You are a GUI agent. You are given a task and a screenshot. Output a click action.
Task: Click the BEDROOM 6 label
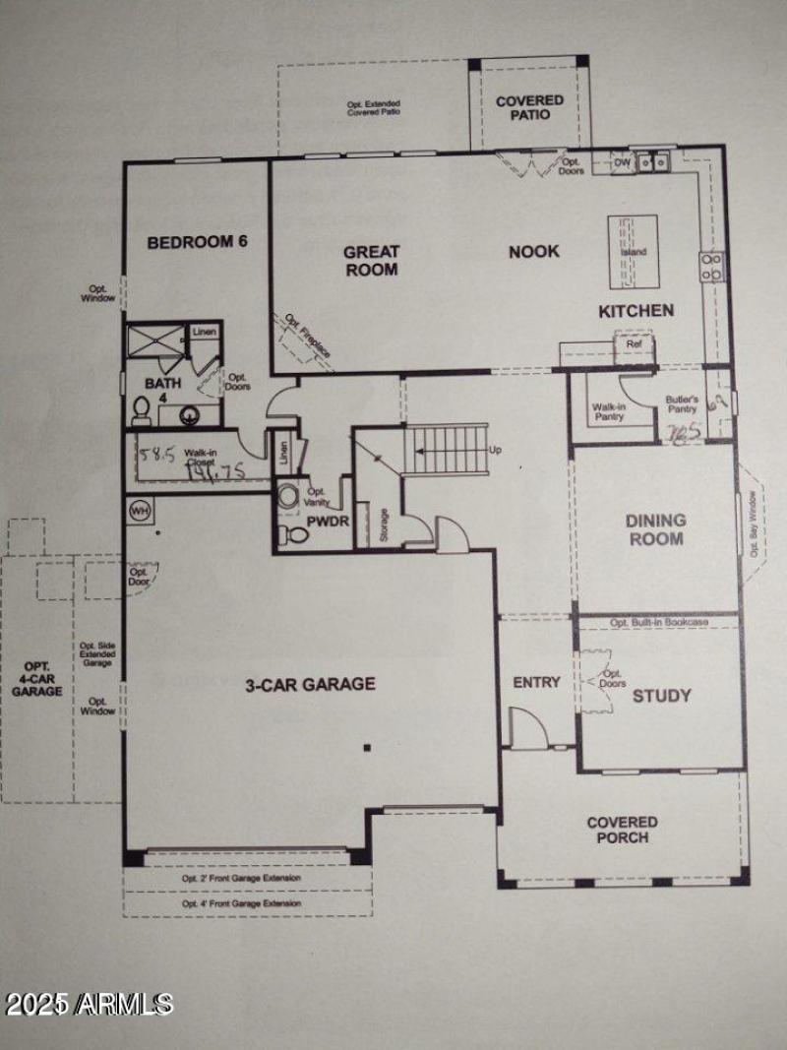[196, 242]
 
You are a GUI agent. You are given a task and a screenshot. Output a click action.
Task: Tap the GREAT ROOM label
[371, 260]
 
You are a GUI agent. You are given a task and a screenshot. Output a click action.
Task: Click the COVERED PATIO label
[529, 107]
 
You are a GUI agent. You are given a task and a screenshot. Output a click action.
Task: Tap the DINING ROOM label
[655, 529]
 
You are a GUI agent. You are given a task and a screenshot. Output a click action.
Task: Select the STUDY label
[661, 696]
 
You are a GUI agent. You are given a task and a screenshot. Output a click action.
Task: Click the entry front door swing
[527, 729]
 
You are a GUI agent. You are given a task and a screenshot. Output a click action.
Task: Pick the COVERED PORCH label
[623, 830]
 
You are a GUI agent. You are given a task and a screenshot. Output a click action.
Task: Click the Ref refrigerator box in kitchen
[634, 345]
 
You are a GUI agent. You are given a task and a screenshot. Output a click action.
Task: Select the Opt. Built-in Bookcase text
[658, 623]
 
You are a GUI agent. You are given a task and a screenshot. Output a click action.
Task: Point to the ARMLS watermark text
[89, 1005]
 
